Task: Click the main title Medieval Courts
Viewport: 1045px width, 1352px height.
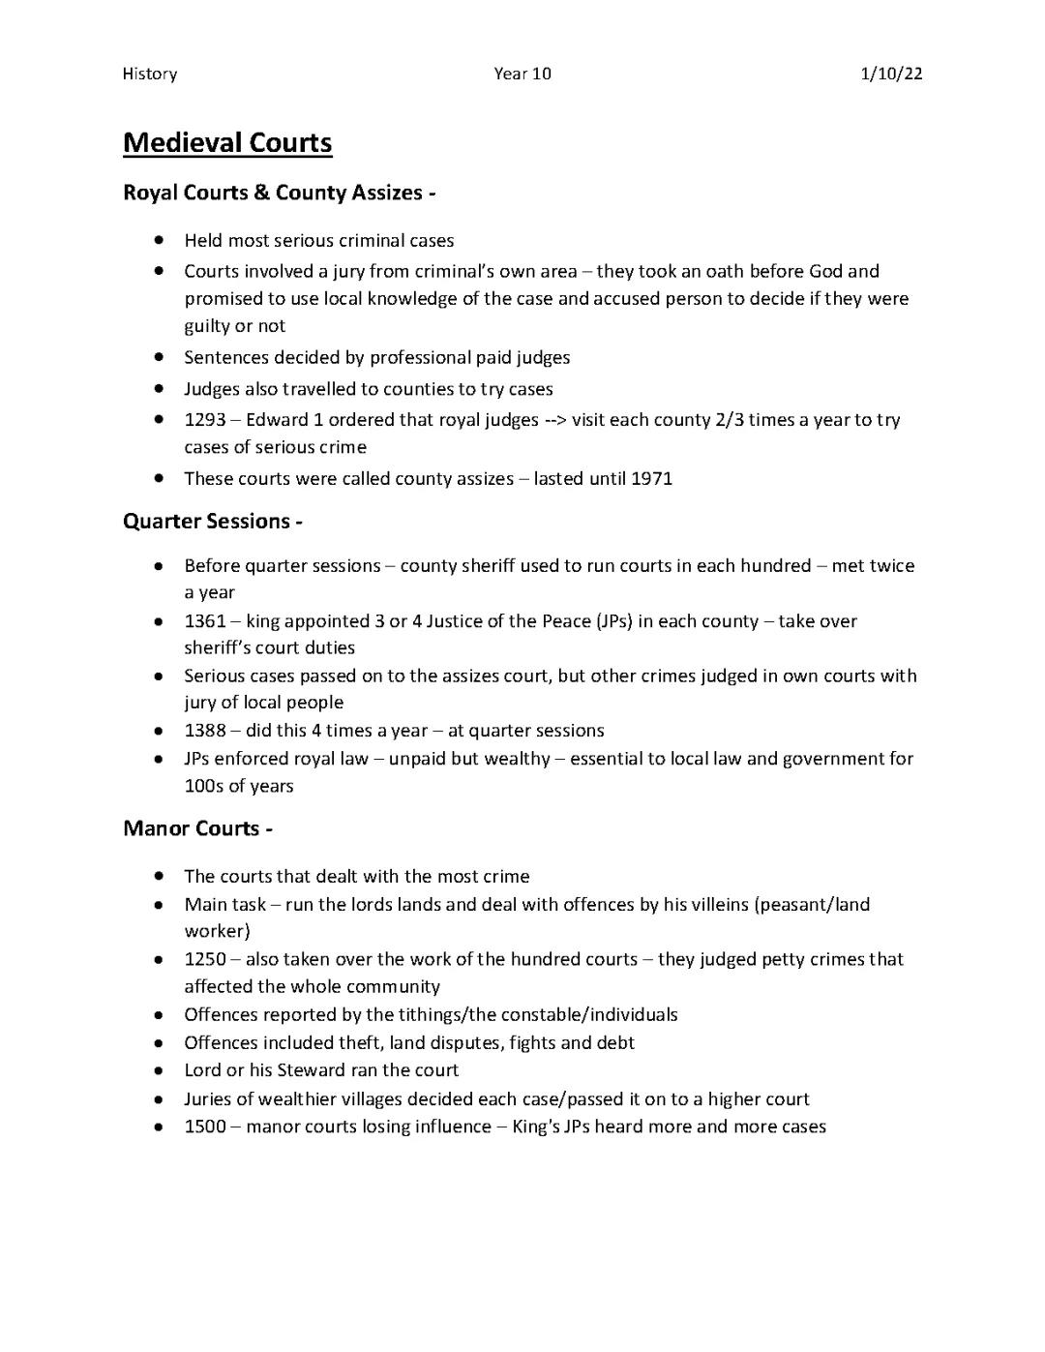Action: [x=227, y=143]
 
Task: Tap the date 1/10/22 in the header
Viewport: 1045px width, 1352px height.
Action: [x=891, y=74]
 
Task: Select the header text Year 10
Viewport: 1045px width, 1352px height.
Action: [x=522, y=74]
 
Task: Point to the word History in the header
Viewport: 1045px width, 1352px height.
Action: [x=150, y=74]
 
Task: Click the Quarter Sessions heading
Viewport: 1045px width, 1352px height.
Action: [x=213, y=522]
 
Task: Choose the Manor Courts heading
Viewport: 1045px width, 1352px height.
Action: [x=197, y=828]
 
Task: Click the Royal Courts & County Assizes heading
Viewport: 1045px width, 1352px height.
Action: [x=279, y=193]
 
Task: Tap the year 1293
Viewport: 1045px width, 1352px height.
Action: [x=205, y=420]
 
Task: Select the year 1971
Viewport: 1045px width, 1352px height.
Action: [x=651, y=479]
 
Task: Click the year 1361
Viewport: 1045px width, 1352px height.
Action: [x=205, y=621]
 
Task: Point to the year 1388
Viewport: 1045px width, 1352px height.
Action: [x=205, y=731]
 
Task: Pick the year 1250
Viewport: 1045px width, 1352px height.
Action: [x=205, y=959]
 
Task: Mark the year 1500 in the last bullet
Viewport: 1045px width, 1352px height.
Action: [x=205, y=1127]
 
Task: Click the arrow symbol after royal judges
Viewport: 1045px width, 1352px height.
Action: [x=554, y=420]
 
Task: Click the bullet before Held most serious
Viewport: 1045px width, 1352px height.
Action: [x=158, y=240]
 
